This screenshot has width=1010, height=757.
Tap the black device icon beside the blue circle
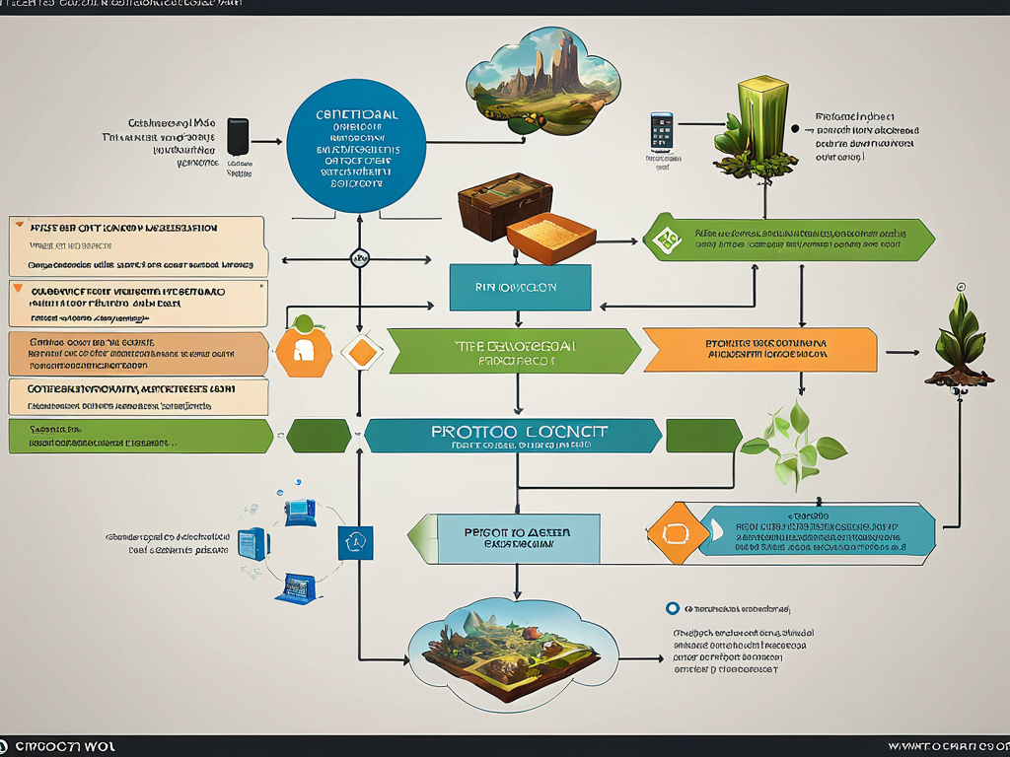(x=239, y=137)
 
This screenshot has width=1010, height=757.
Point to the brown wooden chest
(x=503, y=203)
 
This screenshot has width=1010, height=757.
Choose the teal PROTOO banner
(x=513, y=436)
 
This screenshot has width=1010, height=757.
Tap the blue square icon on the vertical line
(x=355, y=542)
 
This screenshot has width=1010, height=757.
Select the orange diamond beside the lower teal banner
(x=676, y=532)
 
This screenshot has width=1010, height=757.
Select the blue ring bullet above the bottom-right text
(x=673, y=609)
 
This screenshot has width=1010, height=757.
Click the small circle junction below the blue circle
(x=358, y=258)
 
